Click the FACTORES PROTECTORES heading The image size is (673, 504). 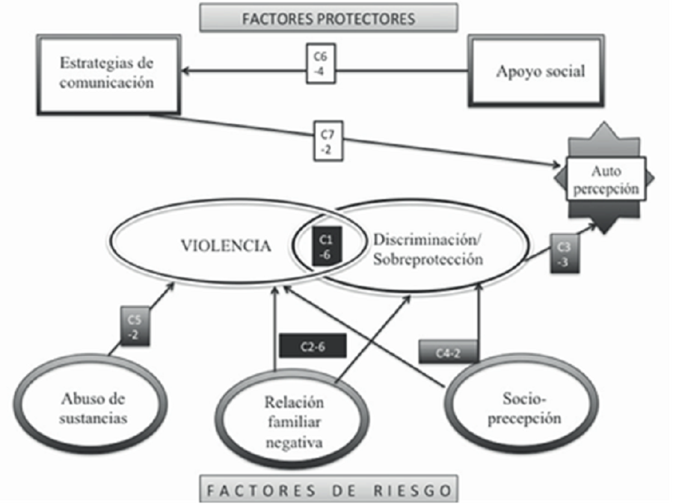point(328,17)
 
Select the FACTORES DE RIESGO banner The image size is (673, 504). point(328,490)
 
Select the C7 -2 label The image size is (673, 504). point(327,141)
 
